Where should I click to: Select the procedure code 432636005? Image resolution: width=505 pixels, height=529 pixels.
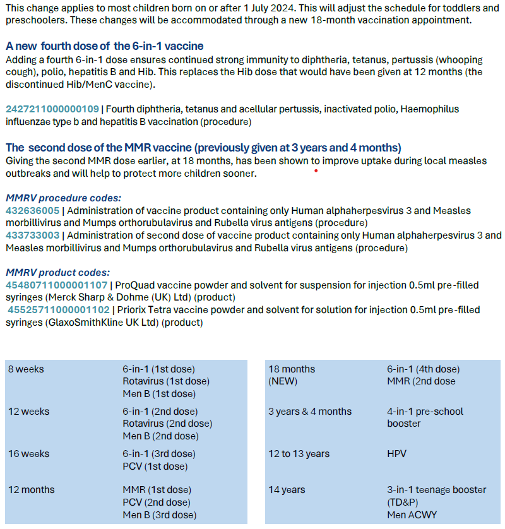(32, 211)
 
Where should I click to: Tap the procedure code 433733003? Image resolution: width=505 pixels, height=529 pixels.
(32, 235)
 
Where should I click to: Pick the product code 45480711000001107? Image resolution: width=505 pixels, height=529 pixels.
(57, 285)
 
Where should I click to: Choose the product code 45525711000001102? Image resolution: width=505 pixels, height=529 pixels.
(59, 310)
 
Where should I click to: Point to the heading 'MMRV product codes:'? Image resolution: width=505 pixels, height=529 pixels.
(49, 272)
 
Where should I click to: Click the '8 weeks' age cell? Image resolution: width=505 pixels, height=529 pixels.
(26, 369)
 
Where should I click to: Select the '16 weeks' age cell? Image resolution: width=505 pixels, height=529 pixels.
(28, 454)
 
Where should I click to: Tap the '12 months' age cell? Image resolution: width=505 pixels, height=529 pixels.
(31, 490)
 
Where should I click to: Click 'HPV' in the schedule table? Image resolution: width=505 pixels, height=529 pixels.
(396, 454)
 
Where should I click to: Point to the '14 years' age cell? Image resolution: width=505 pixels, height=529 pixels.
(287, 490)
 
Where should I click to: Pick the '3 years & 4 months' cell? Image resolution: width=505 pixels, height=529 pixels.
(310, 412)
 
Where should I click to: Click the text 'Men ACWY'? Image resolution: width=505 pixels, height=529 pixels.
(412, 514)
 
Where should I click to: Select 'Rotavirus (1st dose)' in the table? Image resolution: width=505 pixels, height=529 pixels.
(166, 381)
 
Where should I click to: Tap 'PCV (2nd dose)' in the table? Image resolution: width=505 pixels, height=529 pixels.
(156, 502)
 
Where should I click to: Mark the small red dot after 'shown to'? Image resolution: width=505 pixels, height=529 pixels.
(315, 170)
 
